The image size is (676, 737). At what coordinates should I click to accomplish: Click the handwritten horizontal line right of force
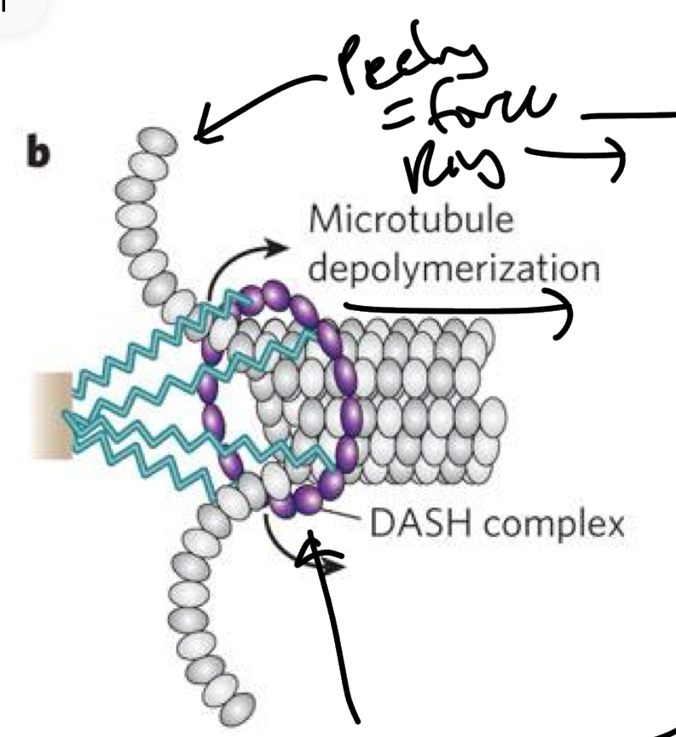(627, 114)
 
